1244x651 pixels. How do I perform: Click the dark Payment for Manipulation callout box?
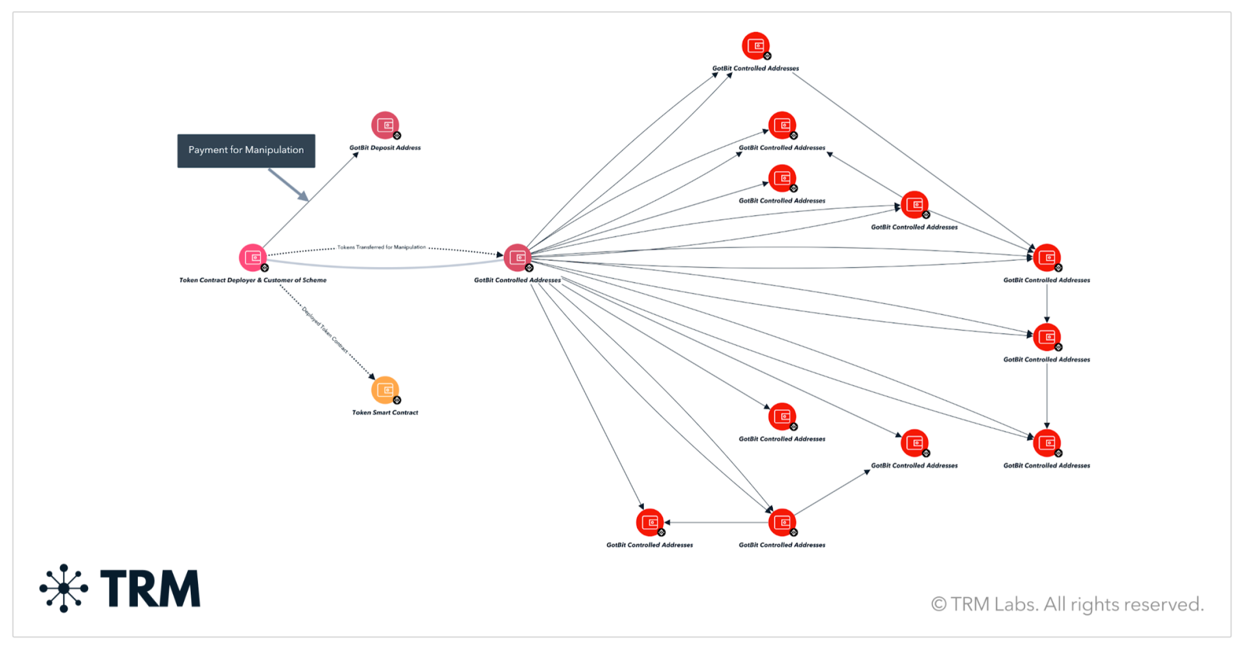(246, 150)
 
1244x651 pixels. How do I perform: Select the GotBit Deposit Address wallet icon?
(385, 125)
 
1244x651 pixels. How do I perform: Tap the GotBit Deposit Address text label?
(385, 148)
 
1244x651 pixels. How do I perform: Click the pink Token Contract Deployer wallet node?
(252, 257)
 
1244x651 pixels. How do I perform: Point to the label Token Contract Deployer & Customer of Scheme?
(252, 280)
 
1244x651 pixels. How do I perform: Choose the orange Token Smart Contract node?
(385, 390)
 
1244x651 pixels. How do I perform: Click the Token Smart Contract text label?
(385, 413)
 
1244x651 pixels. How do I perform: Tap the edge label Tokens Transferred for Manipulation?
(381, 247)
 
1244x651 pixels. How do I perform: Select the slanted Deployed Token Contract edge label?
(325, 330)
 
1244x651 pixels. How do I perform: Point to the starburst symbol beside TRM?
(64, 588)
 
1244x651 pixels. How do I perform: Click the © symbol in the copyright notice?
(939, 604)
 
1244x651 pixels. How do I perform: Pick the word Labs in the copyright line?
(1015, 604)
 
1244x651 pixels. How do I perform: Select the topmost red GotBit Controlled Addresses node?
(755, 46)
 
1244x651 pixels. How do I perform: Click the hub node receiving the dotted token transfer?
(517, 257)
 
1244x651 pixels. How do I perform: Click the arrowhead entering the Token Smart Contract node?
(371, 376)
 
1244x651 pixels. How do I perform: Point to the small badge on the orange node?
(397, 400)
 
